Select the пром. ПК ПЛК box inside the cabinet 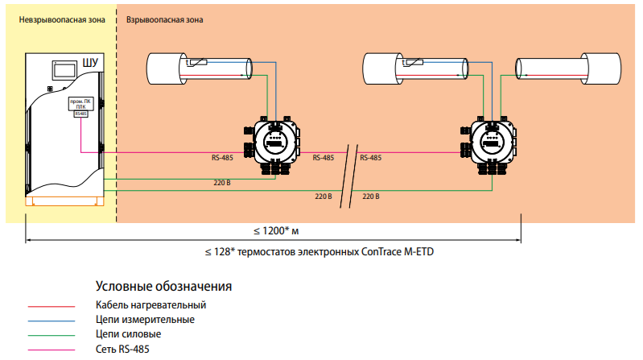[80, 106]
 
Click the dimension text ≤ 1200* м [276, 230]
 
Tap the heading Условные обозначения [163, 286]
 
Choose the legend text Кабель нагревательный [150, 305]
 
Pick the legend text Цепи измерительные [145, 320]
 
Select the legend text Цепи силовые [129, 334]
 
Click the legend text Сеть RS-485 [122, 349]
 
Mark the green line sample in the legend [52, 335]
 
